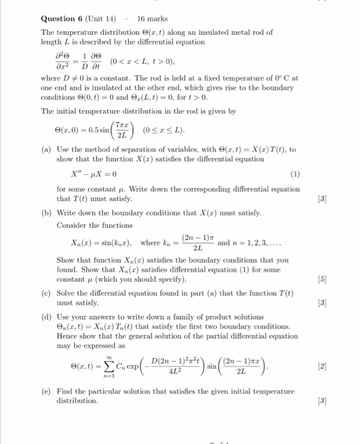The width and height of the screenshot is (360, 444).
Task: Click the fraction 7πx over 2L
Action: [x=125, y=131]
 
